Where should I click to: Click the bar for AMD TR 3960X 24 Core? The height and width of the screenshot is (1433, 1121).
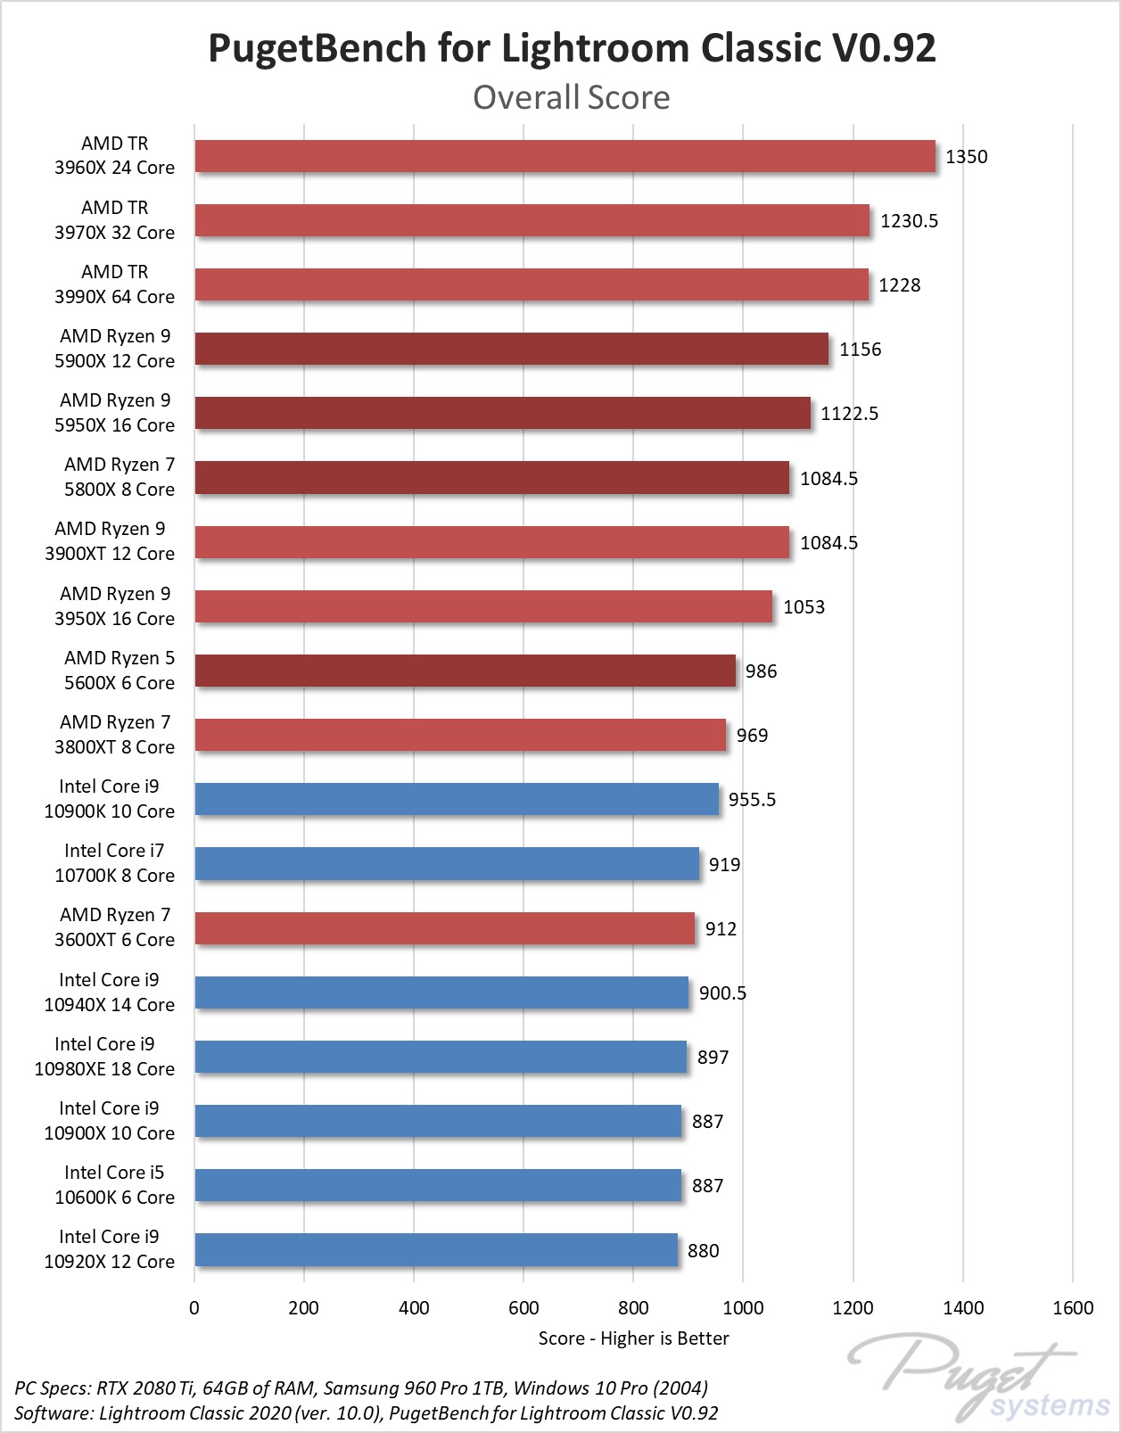tap(565, 156)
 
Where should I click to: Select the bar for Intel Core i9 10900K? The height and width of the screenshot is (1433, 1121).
tap(457, 799)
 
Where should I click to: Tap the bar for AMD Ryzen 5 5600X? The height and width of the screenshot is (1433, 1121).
tap(465, 671)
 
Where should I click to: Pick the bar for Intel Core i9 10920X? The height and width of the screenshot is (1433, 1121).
tap(436, 1250)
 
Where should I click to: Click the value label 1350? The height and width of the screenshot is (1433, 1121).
tap(966, 157)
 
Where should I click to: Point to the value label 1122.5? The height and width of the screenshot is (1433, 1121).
tap(849, 414)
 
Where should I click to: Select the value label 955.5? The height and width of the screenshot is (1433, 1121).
tap(752, 800)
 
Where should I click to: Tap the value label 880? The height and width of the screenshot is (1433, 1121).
tap(703, 1251)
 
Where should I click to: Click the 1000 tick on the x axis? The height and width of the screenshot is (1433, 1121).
tap(743, 1308)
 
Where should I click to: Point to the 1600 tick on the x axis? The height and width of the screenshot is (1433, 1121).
tap(1072, 1308)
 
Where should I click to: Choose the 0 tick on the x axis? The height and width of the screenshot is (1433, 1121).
tap(194, 1308)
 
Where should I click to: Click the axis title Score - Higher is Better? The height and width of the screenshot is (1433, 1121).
tap(633, 1338)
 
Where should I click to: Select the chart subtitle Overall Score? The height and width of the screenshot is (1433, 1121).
tap(571, 97)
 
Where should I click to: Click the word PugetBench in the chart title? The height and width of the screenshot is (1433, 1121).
tap(317, 48)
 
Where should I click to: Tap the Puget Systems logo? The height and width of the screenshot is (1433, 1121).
tap(981, 1378)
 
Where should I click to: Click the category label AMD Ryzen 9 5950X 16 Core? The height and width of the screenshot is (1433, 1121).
tap(114, 413)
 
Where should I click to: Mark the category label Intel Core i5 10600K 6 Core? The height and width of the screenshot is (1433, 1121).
tap(114, 1185)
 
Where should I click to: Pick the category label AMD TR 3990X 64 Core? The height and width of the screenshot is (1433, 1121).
tap(114, 284)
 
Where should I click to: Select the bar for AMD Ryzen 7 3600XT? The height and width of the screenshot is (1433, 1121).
tap(444, 928)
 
